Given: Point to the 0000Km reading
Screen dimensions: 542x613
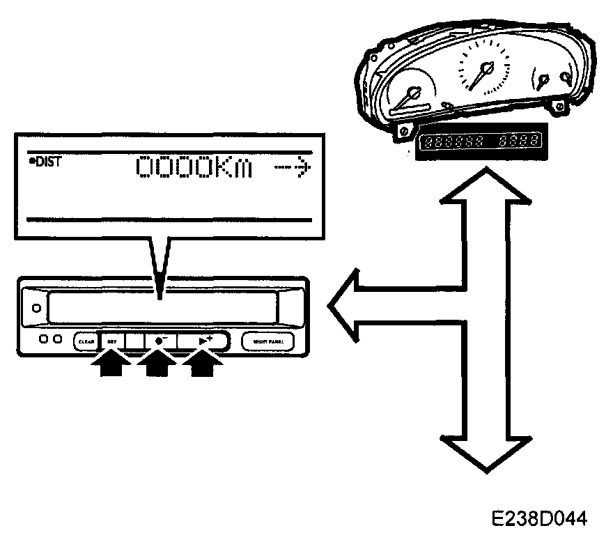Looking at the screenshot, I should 194,167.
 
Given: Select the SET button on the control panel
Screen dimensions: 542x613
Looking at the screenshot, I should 111,341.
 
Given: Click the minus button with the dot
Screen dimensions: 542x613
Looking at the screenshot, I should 161,341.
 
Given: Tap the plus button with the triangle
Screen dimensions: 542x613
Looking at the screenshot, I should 203,341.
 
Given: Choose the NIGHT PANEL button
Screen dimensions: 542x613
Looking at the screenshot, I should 268,341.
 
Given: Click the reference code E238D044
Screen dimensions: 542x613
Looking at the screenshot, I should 539,519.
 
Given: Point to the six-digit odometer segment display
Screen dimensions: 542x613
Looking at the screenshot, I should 455,141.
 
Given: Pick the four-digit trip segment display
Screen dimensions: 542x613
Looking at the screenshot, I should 519,141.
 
